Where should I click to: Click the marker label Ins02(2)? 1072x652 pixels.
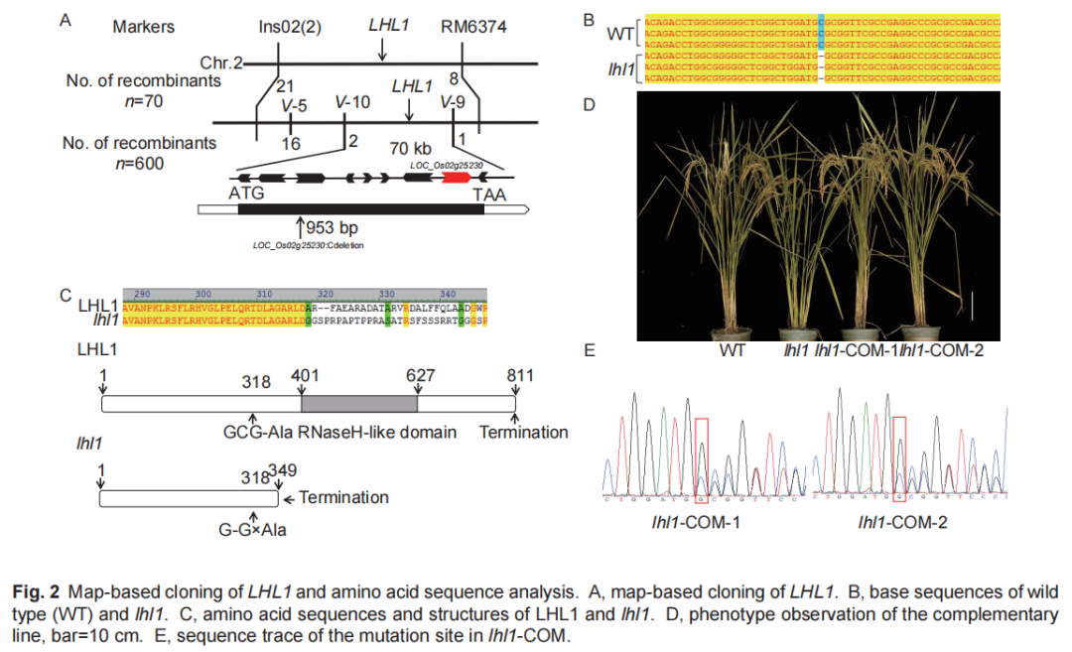coord(283,27)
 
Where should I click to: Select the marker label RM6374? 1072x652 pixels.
coord(473,27)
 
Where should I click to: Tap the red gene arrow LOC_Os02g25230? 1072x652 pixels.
coord(457,177)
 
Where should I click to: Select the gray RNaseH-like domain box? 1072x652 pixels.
coord(359,404)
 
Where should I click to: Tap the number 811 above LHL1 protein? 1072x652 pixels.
coord(518,375)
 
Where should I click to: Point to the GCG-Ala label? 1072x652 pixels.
coord(257,432)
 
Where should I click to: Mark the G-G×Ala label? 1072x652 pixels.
coord(253,530)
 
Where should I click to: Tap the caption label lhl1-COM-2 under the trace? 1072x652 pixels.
coord(902,522)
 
